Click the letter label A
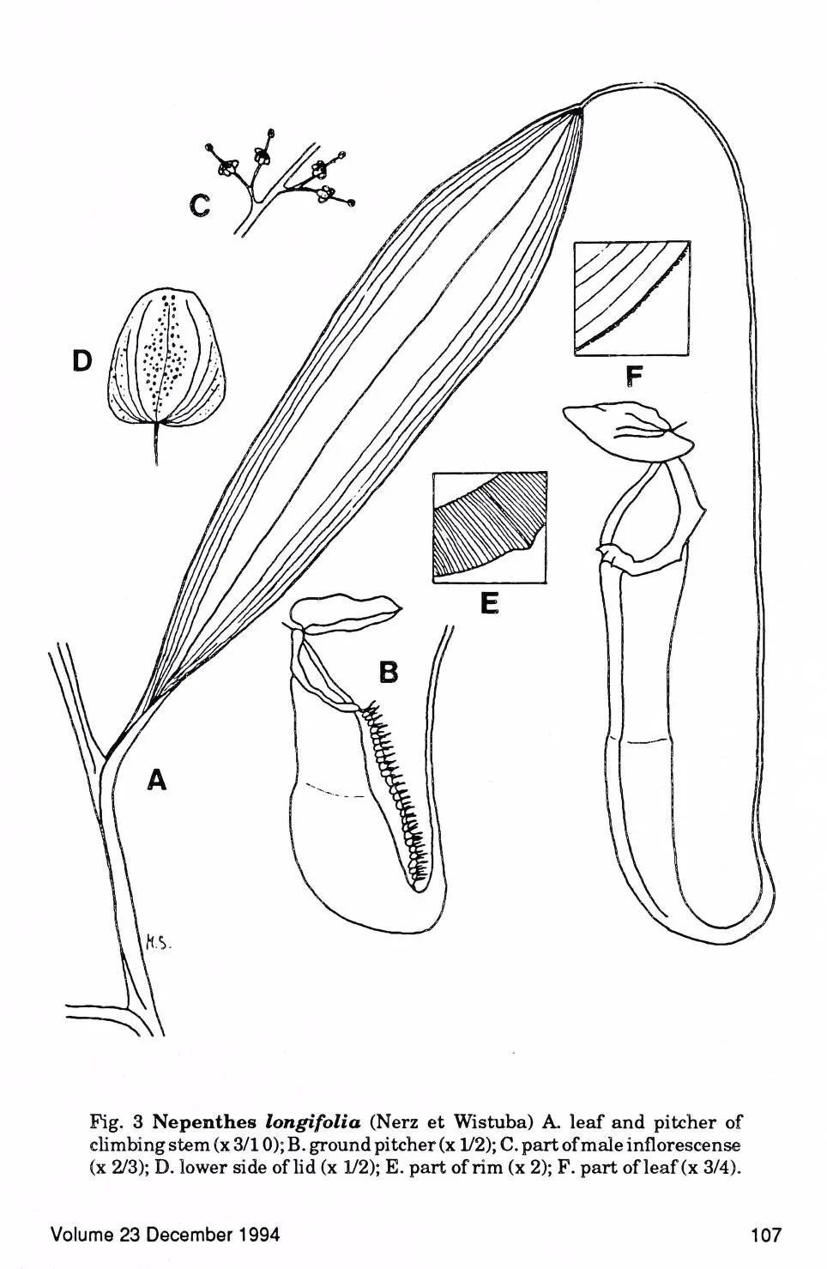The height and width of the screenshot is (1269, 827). (156, 779)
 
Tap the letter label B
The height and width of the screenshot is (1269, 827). (389, 672)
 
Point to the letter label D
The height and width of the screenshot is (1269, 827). (81, 361)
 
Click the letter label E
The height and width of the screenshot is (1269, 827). (489, 604)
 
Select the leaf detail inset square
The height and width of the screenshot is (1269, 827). (631, 298)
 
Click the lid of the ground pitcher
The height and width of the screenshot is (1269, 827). (347, 613)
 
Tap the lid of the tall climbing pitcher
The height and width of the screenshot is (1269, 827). (628, 430)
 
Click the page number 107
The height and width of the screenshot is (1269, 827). (765, 1235)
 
